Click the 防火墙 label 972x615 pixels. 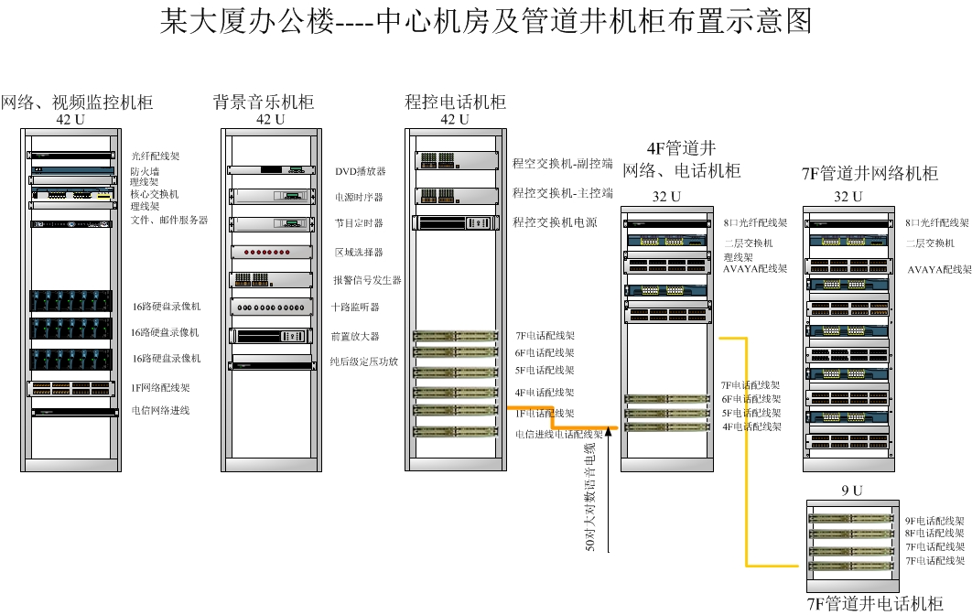pos(145,170)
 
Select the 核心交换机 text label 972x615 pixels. pos(155,194)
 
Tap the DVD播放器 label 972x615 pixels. pos(360,171)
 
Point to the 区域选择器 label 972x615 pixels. pos(359,252)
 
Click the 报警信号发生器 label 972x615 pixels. pos(367,280)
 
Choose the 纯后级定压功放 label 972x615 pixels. pos(364,361)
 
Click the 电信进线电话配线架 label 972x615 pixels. pos(558,434)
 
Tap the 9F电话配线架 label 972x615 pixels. pos(935,520)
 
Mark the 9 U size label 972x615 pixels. pos(851,491)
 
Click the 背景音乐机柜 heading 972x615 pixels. pos(264,102)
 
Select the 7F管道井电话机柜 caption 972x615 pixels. pos(874,603)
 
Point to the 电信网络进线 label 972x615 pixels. pos(160,411)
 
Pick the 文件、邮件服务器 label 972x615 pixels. pos(169,220)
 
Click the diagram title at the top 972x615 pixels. pos(485,21)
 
